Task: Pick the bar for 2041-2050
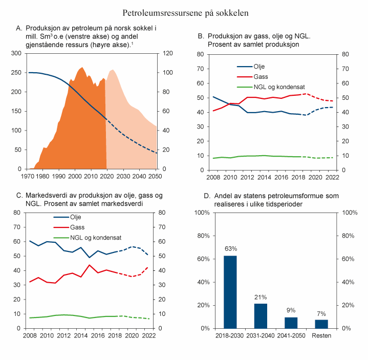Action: coord(291,323)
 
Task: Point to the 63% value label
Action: coord(231,248)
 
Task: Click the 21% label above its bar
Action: coord(261,297)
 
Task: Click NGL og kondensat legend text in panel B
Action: coord(279,86)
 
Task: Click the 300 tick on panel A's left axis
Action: coord(16,53)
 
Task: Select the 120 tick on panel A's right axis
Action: coord(168,53)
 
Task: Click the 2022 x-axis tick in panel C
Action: coord(148,335)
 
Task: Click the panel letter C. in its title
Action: coord(20,196)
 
